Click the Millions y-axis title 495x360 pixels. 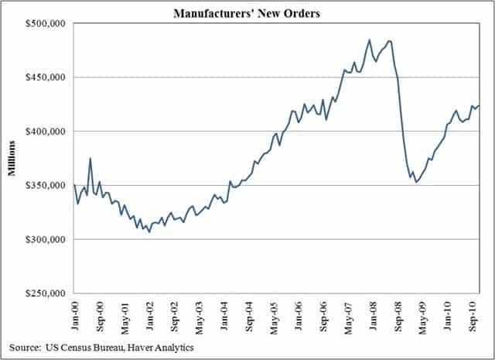(x=12, y=159)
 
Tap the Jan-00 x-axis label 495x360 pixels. (x=75, y=314)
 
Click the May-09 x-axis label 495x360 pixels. (x=422, y=314)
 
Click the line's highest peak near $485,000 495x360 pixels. (x=370, y=40)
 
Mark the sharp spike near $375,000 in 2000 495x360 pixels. (x=90, y=159)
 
